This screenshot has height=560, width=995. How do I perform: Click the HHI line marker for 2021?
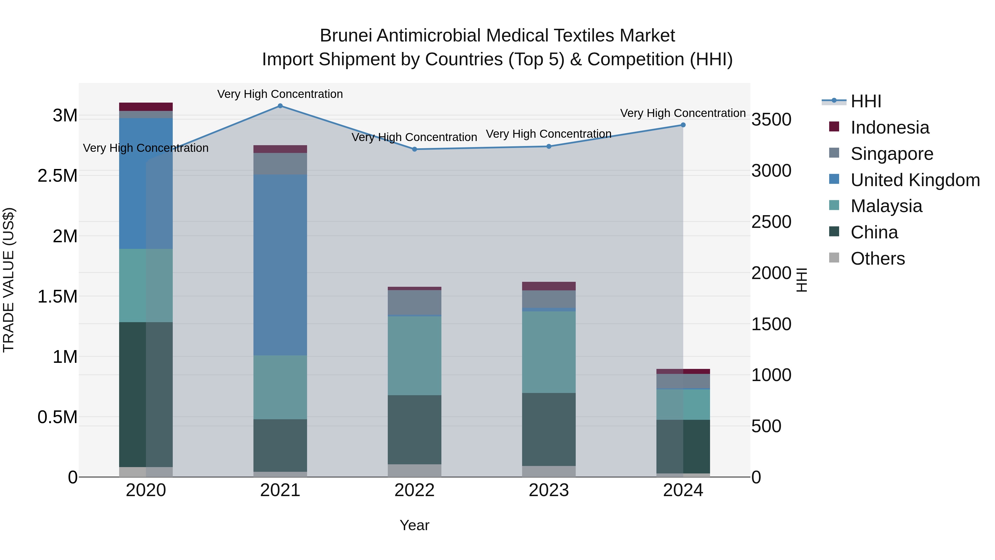click(280, 106)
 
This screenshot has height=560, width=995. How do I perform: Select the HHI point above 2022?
click(415, 149)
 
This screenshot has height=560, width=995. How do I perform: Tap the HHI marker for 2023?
click(549, 147)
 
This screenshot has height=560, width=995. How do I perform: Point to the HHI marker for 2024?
click(683, 125)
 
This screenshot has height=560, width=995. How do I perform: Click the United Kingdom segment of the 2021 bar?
click(280, 265)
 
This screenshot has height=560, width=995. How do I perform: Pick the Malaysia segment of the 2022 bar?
click(415, 356)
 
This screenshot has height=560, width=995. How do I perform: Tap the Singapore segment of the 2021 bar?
click(280, 164)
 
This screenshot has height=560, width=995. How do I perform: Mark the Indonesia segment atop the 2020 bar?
click(146, 107)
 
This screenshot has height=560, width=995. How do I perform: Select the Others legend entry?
click(878, 259)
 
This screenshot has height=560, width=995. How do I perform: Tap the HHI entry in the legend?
click(866, 101)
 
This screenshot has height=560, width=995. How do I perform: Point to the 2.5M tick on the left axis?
click(57, 176)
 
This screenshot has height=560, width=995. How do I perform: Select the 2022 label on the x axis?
click(415, 490)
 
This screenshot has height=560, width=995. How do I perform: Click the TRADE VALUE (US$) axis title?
click(9, 280)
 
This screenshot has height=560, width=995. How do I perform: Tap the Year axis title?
click(415, 525)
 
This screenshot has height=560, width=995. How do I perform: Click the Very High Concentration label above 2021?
click(280, 94)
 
